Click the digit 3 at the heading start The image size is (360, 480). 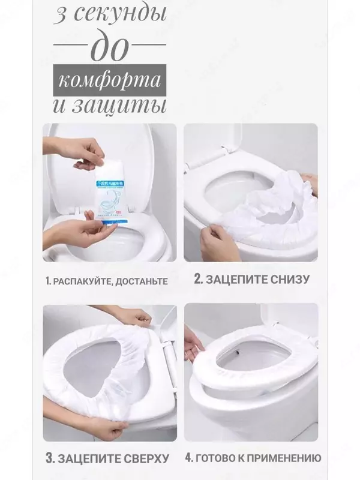(x=61, y=17)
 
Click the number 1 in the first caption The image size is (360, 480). (x=46, y=280)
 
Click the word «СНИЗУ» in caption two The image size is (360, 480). (x=289, y=279)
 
